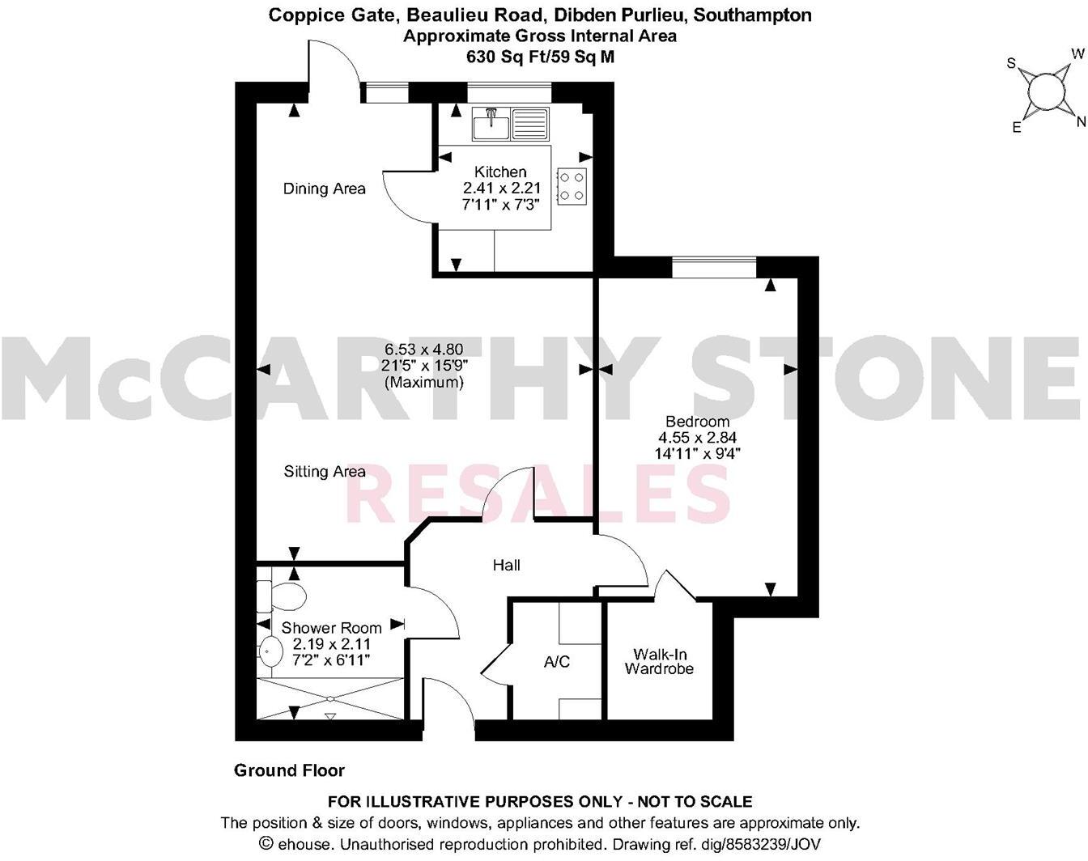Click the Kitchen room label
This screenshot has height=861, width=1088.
[500, 172]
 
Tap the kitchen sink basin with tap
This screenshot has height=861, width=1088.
[491, 125]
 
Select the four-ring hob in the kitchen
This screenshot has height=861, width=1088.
[572, 185]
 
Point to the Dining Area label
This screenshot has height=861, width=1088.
[324, 189]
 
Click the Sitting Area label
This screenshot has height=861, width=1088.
[324, 471]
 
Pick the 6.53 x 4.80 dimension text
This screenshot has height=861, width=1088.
[423, 350]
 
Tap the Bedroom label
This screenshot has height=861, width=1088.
[697, 421]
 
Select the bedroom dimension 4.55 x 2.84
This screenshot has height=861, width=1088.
[697, 438]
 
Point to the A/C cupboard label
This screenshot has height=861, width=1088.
[557, 662]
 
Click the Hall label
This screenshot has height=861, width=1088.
[507, 565]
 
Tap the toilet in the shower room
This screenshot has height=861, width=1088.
[282, 597]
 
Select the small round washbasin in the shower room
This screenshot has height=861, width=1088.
[268, 649]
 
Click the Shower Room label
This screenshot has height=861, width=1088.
[331, 628]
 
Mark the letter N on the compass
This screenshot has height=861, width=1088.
[1080, 122]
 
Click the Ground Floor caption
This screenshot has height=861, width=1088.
[289, 770]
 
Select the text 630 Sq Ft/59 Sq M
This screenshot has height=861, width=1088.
[540, 57]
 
